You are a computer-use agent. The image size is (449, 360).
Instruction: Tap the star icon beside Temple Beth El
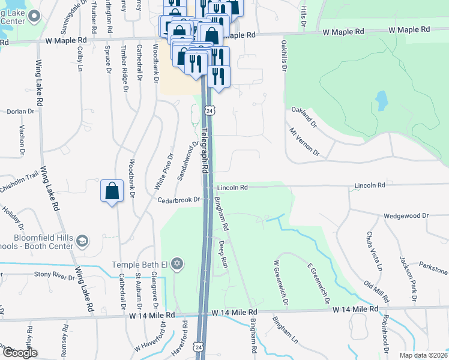176,265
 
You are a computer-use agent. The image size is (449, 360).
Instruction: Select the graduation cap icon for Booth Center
82,241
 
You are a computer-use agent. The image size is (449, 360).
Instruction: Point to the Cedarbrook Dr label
178,200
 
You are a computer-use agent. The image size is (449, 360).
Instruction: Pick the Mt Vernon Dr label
304,142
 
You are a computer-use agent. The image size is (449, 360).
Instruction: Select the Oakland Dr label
304,116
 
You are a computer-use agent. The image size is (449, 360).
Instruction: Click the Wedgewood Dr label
406,215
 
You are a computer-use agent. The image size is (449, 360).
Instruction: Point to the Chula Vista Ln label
374,251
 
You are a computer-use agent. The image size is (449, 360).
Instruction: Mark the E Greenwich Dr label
318,280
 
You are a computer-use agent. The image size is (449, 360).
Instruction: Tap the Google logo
19,353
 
